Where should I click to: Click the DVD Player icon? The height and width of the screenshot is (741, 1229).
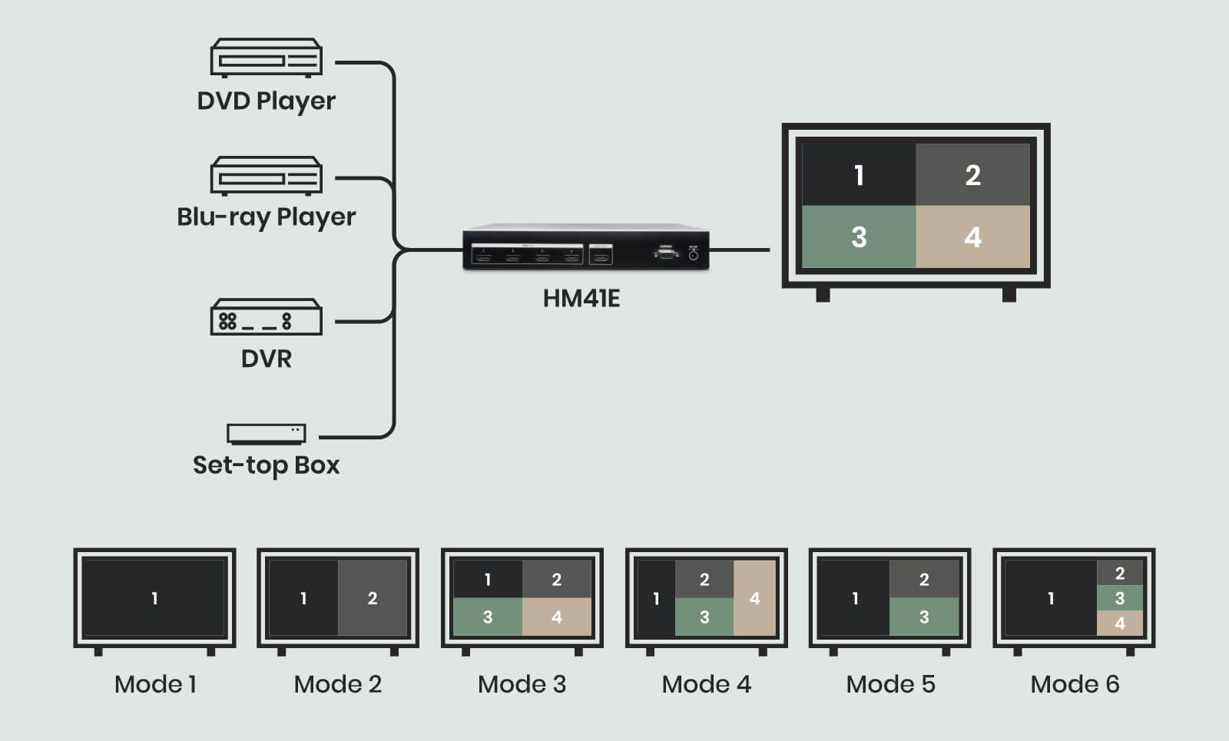pos(266,58)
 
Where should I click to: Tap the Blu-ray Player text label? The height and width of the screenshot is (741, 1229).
pos(266,217)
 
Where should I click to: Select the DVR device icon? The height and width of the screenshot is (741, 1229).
pos(266,317)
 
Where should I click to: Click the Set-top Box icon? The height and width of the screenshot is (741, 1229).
pos(266,434)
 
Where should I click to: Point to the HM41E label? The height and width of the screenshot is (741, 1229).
pos(581,298)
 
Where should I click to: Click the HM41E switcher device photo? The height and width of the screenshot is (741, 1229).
pos(585,247)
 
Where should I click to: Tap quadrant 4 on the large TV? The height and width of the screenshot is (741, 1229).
pos(972,237)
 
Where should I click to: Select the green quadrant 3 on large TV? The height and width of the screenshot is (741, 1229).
pos(859,237)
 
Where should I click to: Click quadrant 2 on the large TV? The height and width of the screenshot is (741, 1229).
pos(972,174)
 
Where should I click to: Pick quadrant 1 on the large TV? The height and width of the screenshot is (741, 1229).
pos(859,174)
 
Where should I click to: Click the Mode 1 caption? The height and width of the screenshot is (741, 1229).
pos(155,683)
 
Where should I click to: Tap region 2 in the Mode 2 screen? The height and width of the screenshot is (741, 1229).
pos(373,597)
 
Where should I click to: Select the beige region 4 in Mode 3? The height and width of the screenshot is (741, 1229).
pos(557,617)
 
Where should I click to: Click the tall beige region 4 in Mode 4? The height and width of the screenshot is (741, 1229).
pos(754,597)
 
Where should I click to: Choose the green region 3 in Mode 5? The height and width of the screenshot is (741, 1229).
pos(924,617)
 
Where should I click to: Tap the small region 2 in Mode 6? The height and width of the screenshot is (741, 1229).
pos(1120,573)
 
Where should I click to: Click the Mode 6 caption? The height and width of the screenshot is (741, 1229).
pos(1075,683)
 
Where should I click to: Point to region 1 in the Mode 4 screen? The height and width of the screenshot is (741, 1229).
pos(656,597)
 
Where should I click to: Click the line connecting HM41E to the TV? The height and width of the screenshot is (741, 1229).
pos(739,250)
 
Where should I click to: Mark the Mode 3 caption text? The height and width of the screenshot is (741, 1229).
pos(522,683)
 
